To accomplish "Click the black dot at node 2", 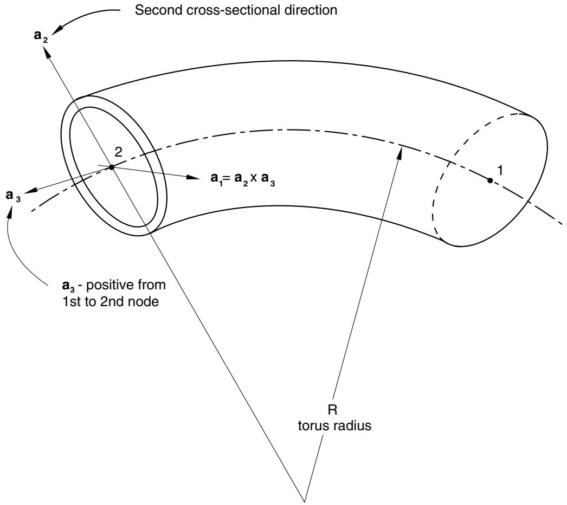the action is coord(112,167).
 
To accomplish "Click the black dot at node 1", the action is coord(490,180).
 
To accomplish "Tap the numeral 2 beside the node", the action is coord(118,152).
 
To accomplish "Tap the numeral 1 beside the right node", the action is coord(500,170).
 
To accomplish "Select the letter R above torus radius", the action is coord(332,410).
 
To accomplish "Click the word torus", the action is coord(314,425).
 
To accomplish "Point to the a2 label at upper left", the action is coord(41,36).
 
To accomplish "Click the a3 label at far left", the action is coord(13,196).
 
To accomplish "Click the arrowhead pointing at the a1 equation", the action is coord(193,177).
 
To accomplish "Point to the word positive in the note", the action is coord(107,285).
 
